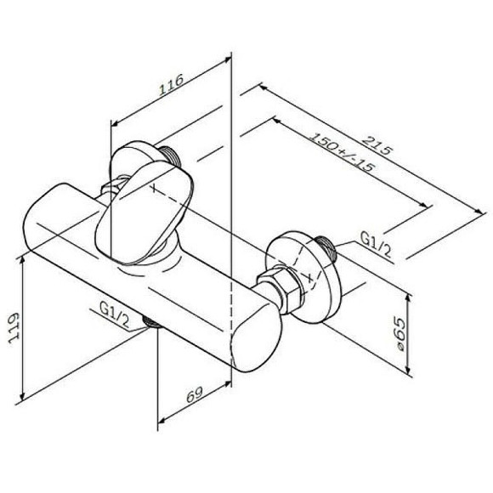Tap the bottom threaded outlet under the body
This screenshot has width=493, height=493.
click(x=154, y=323)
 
